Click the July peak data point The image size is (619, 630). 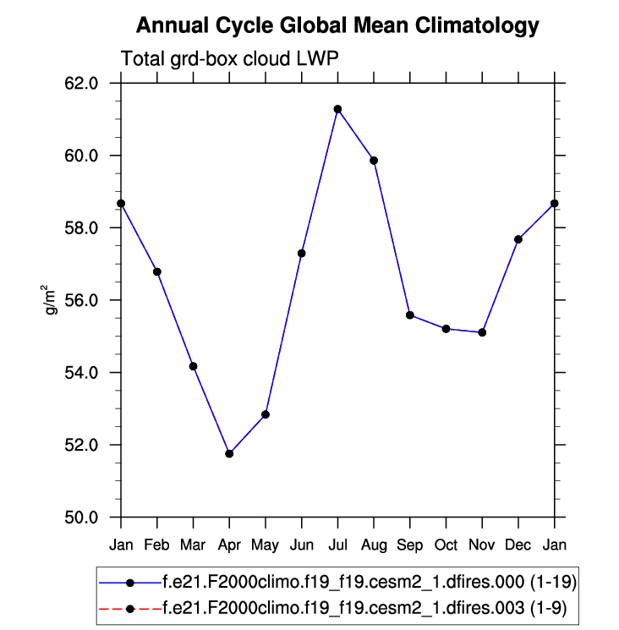click(x=337, y=109)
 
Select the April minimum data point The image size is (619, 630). click(x=229, y=454)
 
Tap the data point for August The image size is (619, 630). click(x=374, y=161)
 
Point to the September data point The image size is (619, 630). click(x=410, y=315)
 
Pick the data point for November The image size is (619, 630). click(x=482, y=332)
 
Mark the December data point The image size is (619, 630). click(x=518, y=239)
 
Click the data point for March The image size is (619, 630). click(x=194, y=366)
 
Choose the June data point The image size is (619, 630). click(x=302, y=253)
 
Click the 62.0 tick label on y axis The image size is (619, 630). click(x=83, y=84)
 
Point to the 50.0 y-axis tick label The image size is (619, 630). click(x=83, y=518)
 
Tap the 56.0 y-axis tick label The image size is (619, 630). click(x=83, y=300)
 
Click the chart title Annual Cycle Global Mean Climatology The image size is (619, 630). click(x=337, y=26)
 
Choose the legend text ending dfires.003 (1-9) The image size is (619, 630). click(x=364, y=607)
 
